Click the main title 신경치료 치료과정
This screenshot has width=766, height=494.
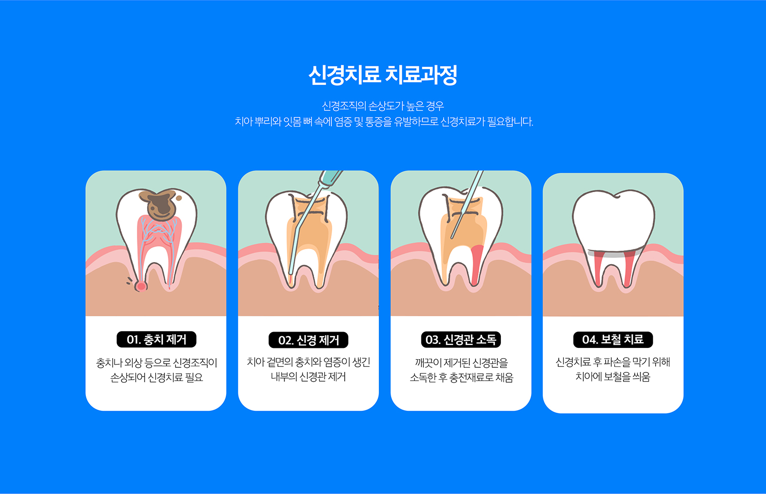[382, 75]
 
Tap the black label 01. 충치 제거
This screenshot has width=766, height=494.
[157, 339]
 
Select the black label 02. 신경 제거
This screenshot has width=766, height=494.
[308, 340]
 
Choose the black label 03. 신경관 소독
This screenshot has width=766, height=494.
[461, 339]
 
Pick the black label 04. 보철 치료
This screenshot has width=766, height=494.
[613, 339]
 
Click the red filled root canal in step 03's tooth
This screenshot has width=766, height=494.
[476, 265]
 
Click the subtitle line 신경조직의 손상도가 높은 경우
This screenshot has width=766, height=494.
[382, 106]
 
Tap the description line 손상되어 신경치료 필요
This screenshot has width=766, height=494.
[157, 378]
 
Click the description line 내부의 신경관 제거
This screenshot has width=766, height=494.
[308, 377]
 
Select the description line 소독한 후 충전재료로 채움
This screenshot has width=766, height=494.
[461, 378]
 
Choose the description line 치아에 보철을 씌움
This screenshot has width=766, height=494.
[613, 377]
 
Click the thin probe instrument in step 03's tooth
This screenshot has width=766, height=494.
[467, 204]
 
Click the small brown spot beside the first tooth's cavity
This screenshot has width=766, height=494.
[179, 198]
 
